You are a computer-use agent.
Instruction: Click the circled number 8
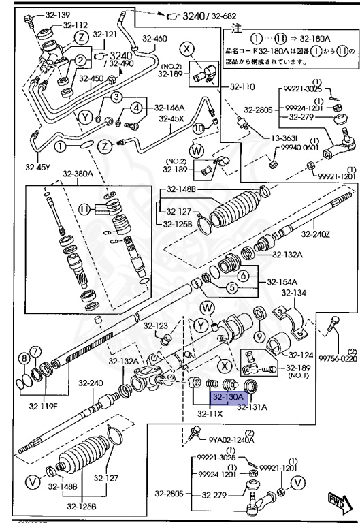(24, 359)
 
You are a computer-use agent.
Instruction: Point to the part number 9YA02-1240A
(231, 440)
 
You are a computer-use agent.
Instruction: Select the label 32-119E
(43, 407)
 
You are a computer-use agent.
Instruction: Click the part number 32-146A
(169, 108)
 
